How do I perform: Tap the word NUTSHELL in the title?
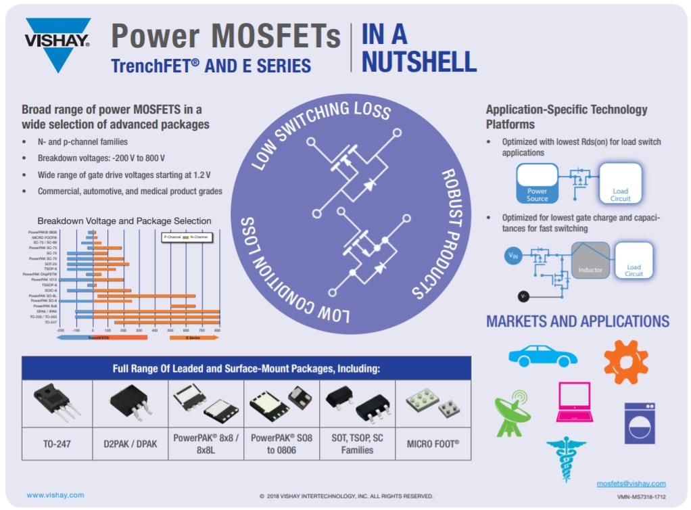(x=419, y=62)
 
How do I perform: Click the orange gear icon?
(x=625, y=361)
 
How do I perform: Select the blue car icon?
(x=542, y=356)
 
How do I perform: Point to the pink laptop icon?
(x=575, y=402)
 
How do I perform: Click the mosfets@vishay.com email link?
(x=631, y=484)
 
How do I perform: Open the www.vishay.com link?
(x=55, y=495)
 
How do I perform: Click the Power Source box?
(x=538, y=183)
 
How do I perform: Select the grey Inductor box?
(x=590, y=260)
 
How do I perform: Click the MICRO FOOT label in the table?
(x=433, y=444)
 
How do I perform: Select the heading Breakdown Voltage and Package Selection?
(x=124, y=221)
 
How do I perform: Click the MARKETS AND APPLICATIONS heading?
(x=577, y=321)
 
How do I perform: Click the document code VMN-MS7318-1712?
(x=642, y=496)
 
